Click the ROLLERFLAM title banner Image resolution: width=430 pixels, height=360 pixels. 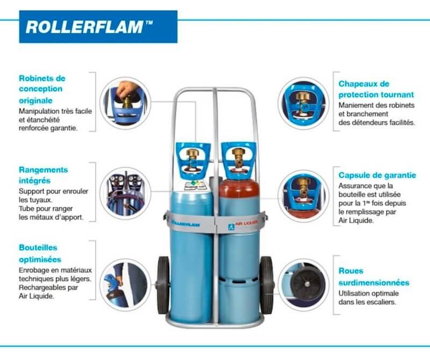98,27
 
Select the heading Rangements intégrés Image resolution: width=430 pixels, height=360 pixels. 44,175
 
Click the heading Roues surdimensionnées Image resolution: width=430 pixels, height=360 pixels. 374,277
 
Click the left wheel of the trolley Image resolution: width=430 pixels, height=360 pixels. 163,285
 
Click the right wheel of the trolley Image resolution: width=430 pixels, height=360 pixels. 266,285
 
